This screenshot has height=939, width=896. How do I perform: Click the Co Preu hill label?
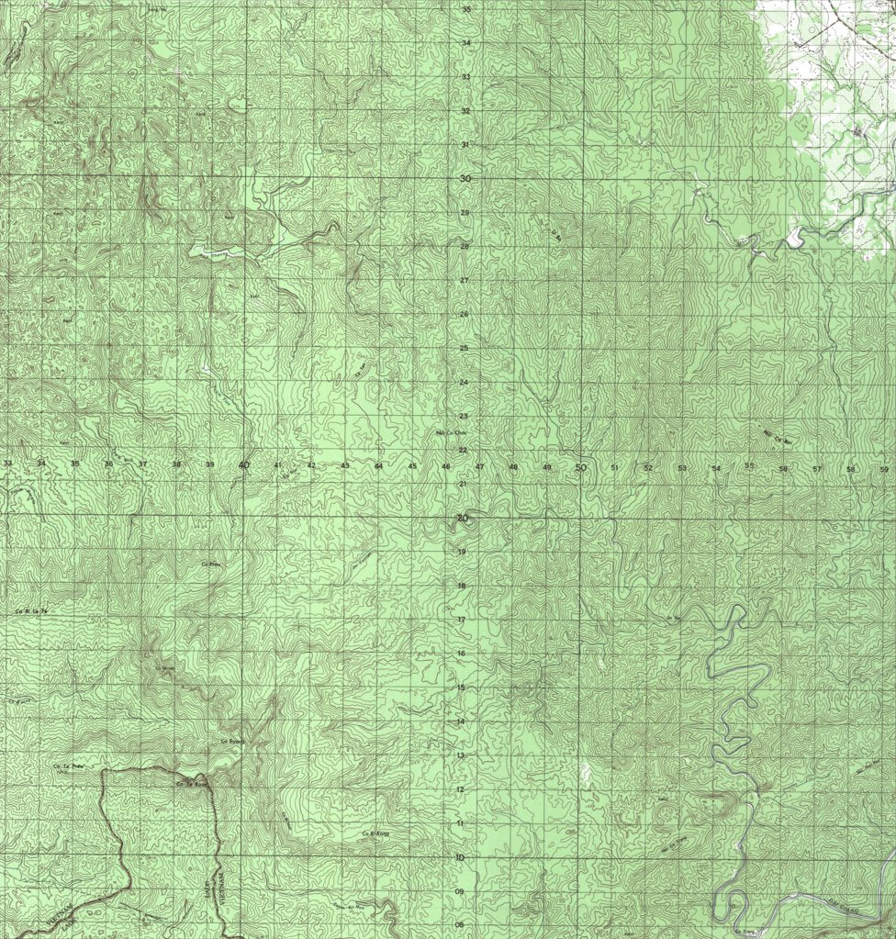point(212,564)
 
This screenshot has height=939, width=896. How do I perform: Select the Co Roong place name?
point(230,742)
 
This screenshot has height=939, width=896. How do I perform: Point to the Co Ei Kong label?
point(376,833)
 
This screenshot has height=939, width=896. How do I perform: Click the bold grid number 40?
point(244,465)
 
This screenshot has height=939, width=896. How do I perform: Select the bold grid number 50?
point(580,467)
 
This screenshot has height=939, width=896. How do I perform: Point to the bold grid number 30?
point(465,179)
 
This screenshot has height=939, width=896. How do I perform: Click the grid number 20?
point(463,518)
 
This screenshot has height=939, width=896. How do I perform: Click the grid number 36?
point(109,464)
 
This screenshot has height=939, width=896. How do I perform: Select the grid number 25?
point(465,348)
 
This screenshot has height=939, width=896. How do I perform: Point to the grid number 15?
point(461,687)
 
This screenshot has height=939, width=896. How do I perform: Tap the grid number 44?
point(378,466)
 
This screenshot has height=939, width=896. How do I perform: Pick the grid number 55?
point(749,465)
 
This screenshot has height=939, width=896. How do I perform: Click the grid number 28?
point(465,246)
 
